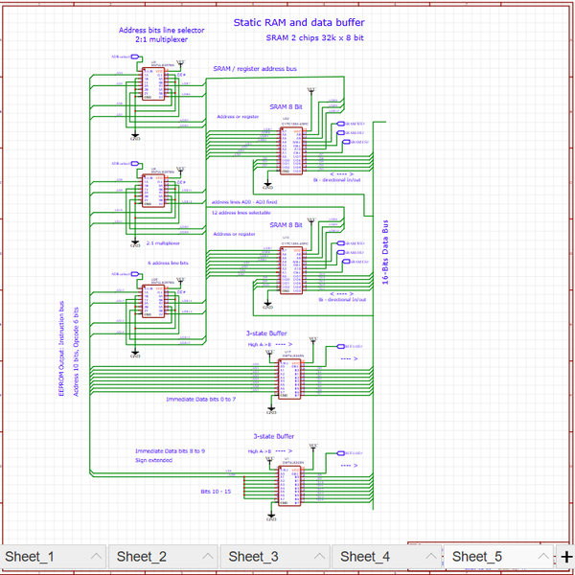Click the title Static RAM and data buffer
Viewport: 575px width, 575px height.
coord(298,22)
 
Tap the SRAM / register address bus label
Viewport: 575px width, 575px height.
coord(255,69)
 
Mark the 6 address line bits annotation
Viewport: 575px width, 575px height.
coord(168,262)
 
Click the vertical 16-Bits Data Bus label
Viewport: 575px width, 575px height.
coord(385,251)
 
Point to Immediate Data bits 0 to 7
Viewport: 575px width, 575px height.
coord(200,399)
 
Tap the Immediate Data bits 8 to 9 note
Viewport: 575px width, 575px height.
coord(170,449)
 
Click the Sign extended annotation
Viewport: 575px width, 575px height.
coord(153,460)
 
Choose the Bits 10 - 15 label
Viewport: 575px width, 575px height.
coord(216,491)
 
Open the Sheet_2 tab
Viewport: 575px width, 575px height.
coord(142,557)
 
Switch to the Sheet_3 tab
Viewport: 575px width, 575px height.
coord(253,557)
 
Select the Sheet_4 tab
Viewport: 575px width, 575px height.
coord(364,557)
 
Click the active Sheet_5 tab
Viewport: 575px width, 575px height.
coord(476,557)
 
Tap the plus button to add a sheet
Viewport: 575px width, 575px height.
coord(566,557)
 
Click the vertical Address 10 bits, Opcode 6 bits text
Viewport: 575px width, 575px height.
coord(75,350)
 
